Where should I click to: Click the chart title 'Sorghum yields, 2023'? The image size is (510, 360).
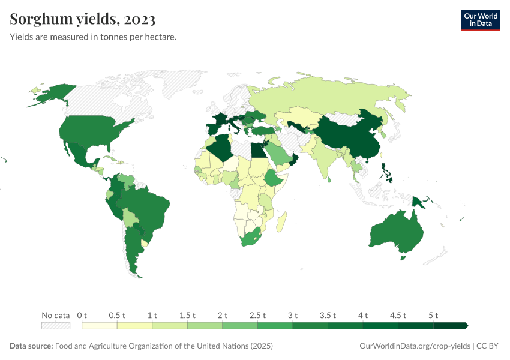[x=83, y=19]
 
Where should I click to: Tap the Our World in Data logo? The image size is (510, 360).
[x=480, y=19]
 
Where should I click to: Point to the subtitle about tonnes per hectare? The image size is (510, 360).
[x=92, y=37]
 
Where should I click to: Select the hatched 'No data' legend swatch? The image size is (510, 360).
[x=55, y=325]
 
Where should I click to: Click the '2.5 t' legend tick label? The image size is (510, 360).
[x=257, y=315]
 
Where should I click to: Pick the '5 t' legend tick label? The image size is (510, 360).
[x=433, y=315]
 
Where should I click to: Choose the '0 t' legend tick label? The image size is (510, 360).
[x=82, y=315]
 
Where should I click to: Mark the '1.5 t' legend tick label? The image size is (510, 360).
[x=187, y=315]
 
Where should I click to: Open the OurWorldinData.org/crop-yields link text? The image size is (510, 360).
[x=414, y=346]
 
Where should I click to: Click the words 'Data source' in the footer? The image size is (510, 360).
[x=31, y=346]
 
